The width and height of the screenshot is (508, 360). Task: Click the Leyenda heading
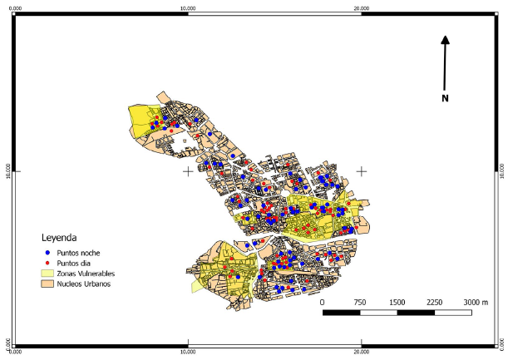[65, 237]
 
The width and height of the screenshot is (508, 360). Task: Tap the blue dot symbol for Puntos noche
[47, 252]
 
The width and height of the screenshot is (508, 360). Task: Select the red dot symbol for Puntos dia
[47, 262]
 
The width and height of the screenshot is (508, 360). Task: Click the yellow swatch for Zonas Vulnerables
[47, 273]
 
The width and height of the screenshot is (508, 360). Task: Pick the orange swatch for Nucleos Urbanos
[47, 284]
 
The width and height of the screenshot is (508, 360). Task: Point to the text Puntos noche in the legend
[79, 252]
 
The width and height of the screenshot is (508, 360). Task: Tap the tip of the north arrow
[446, 37]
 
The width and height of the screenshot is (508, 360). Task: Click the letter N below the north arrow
[446, 99]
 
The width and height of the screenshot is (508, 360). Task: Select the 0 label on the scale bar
[323, 301]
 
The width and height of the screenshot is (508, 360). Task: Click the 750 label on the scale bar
[360, 301]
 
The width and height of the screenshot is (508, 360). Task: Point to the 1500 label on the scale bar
[397, 301]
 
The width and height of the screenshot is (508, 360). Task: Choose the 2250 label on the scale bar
[434, 301]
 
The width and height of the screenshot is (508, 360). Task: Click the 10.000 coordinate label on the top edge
[189, 7]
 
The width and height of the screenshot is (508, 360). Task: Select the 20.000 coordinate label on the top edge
[361, 7]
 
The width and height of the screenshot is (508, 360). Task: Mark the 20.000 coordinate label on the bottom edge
[361, 353]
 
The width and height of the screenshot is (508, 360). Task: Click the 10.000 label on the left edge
[7, 171]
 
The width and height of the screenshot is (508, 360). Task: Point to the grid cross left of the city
[189, 171]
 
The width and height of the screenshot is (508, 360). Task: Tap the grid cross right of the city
[361, 171]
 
